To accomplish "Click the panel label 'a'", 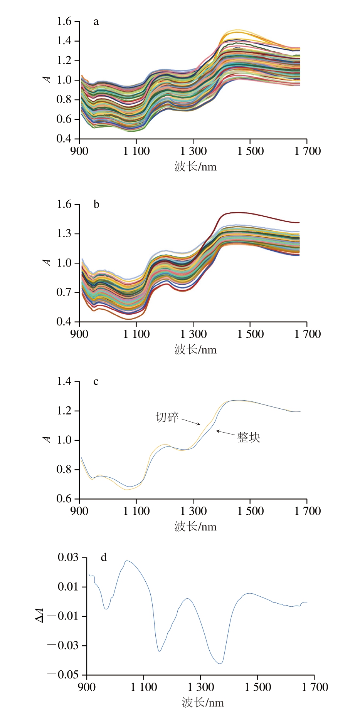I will [96, 22].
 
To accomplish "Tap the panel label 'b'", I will [96, 204].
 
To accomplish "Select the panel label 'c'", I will [96, 381].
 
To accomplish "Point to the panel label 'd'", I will [104, 557].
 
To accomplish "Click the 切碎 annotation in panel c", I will [167, 417].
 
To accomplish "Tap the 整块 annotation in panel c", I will [249, 438].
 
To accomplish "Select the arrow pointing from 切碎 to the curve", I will [191, 421].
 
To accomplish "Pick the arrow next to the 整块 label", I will [225, 433].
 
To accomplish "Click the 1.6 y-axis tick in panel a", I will [64, 21].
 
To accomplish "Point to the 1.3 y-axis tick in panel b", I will [64, 233].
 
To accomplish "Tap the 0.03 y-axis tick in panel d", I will [68, 557].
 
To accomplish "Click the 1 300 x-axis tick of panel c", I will [193, 511].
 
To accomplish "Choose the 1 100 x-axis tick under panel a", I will [136, 151].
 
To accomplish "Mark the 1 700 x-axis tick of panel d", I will [315, 687].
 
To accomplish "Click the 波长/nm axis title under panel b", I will [195, 349].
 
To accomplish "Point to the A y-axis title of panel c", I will [47, 440].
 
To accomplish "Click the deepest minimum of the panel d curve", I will [220, 663].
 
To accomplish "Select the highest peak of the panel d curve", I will [127, 561].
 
